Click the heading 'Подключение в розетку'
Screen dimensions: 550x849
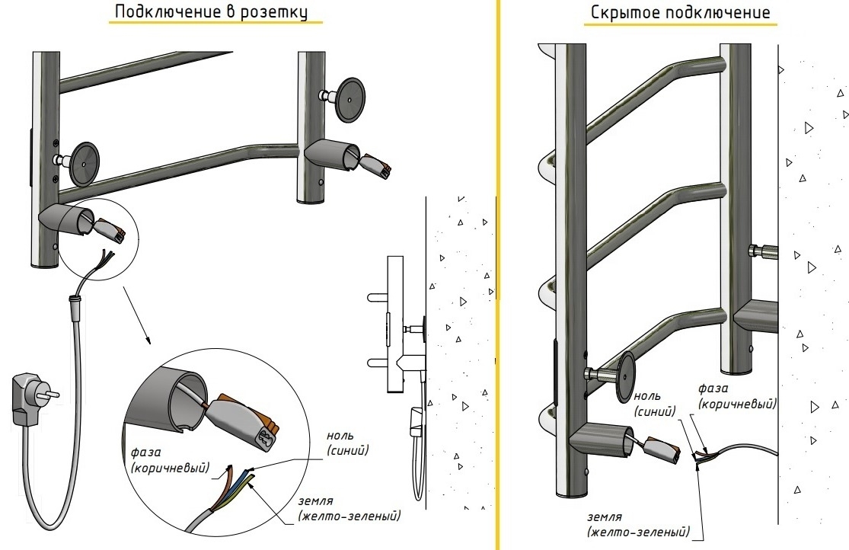[x=212, y=12]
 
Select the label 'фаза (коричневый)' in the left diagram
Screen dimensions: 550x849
[x=168, y=460]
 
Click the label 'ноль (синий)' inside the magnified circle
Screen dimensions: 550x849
[x=347, y=444]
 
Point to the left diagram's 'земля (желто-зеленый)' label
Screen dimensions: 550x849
[x=348, y=510]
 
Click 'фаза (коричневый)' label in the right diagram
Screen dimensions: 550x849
[x=737, y=396]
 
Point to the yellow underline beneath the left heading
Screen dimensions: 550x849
[x=211, y=24]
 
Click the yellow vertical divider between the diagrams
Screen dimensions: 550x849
[x=499, y=274]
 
